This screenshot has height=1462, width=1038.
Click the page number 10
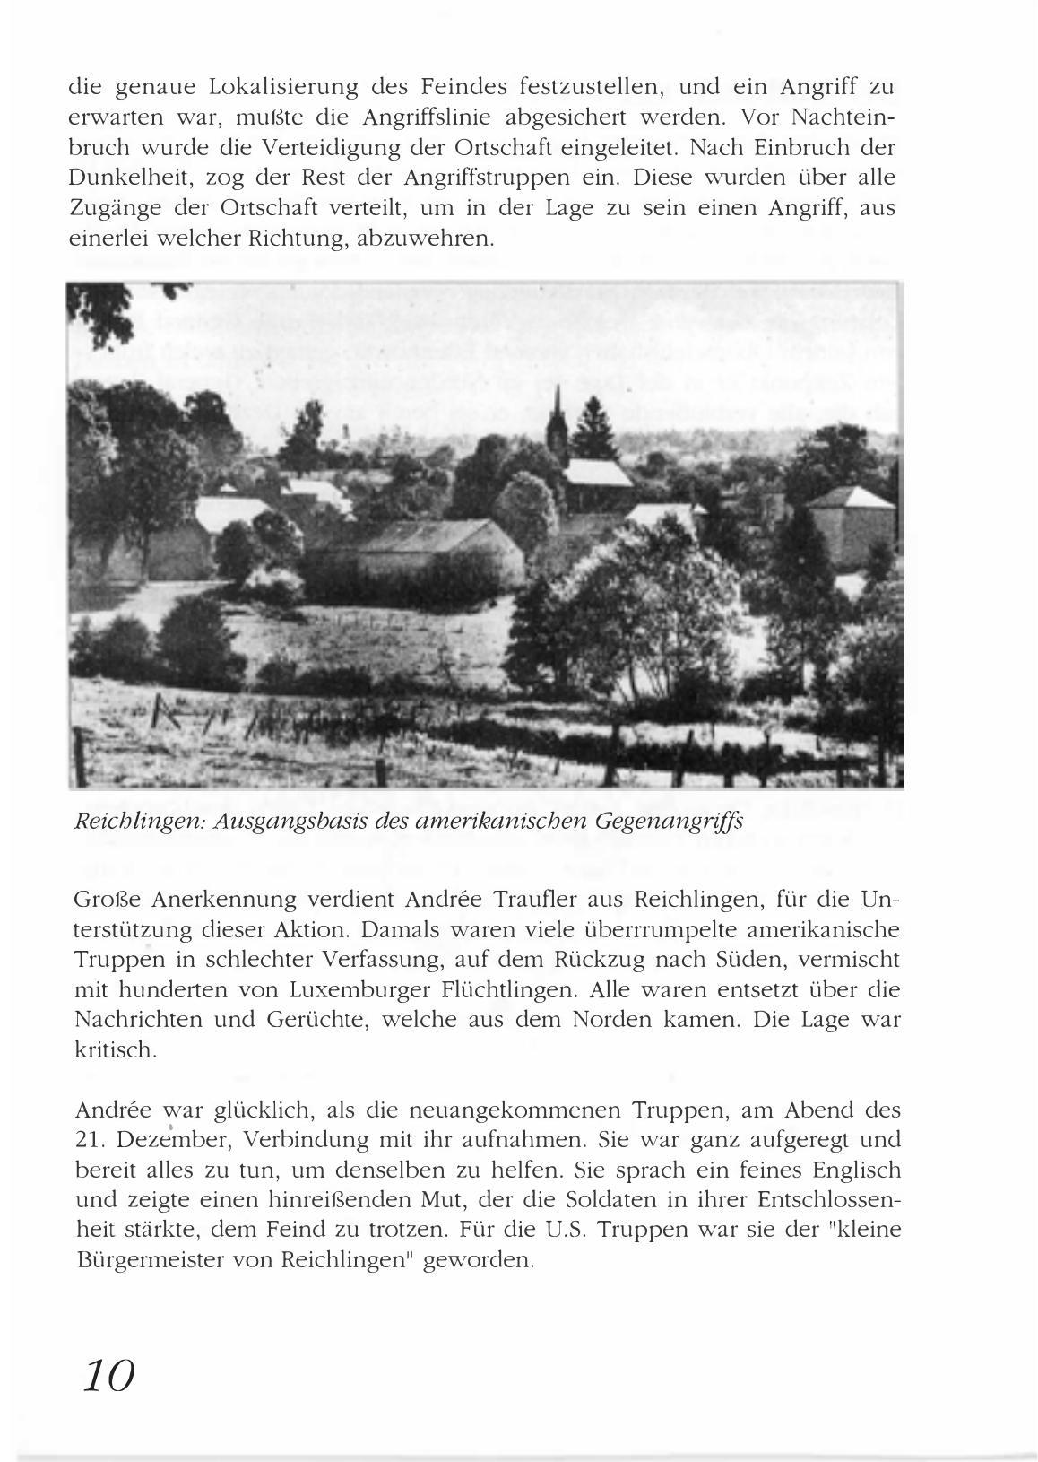[108, 1374]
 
